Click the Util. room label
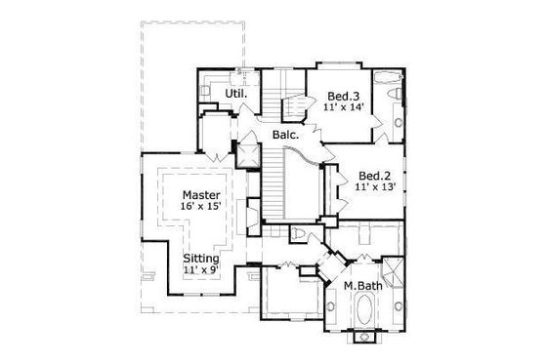tap(235, 94)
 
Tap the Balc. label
tap(285, 136)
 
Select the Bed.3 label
tap(343, 95)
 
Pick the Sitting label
tap(201, 259)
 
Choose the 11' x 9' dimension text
tap(201, 271)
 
